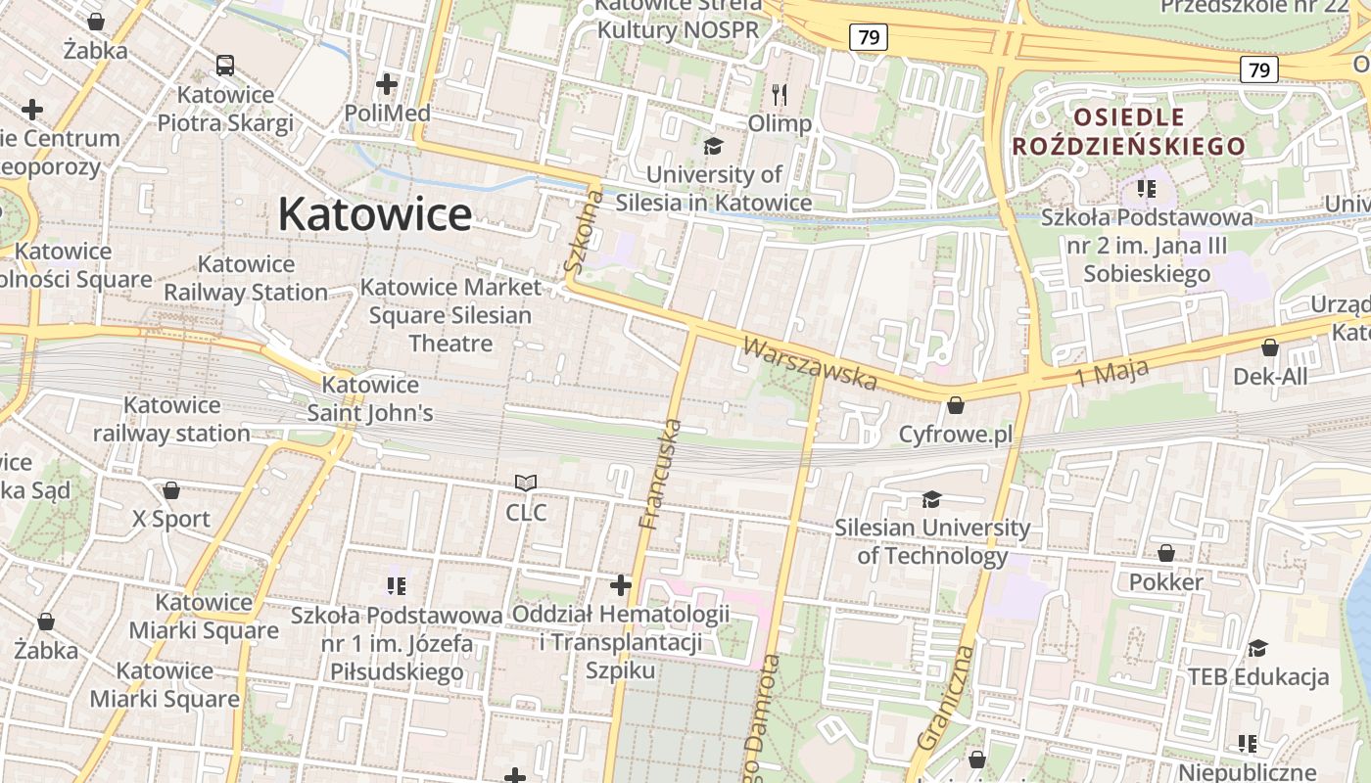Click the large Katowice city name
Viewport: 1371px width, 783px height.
tap(375, 214)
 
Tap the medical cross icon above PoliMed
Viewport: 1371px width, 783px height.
tap(387, 84)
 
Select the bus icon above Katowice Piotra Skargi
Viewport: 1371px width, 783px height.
tap(225, 66)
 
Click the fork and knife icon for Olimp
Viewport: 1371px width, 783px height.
tap(780, 95)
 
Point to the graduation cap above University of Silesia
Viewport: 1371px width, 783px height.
tap(713, 146)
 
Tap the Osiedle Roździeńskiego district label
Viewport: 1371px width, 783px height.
tap(1128, 132)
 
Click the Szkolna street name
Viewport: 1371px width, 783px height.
tap(584, 231)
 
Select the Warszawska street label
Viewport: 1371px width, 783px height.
tap(809, 362)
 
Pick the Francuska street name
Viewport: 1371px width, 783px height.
tap(660, 474)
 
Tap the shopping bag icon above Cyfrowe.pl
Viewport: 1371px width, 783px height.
tap(956, 405)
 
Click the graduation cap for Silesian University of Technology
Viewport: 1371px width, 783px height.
tap(931, 500)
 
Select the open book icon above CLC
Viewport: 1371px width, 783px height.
tap(526, 484)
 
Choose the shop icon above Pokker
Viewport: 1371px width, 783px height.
tap(1165, 554)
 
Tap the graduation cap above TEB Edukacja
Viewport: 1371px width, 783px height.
tap(1257, 648)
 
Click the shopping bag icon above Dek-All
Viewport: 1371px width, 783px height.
tap(1270, 347)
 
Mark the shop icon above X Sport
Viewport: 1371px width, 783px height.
tap(171, 490)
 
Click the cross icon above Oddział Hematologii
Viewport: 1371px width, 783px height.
tap(621, 585)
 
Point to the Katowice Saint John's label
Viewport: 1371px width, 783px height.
tap(370, 398)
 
